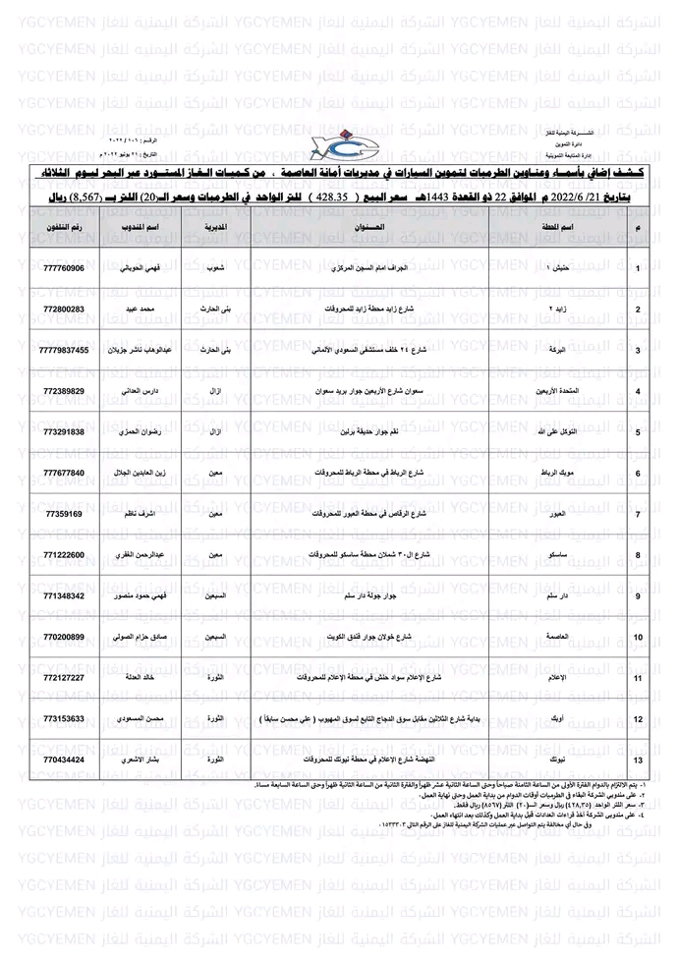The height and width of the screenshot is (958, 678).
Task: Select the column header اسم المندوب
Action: click(x=151, y=227)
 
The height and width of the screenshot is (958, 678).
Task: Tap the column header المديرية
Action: click(x=218, y=227)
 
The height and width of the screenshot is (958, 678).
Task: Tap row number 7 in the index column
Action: click(x=639, y=515)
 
